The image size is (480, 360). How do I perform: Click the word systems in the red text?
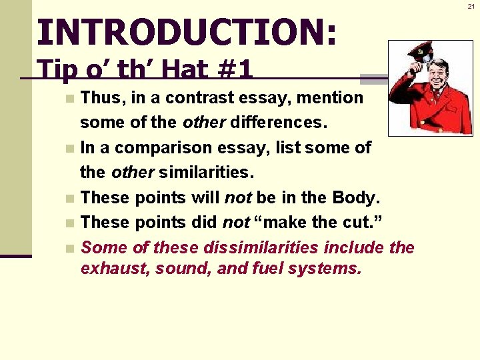(x=327, y=269)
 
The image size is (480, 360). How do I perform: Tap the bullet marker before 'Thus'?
(x=70, y=99)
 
